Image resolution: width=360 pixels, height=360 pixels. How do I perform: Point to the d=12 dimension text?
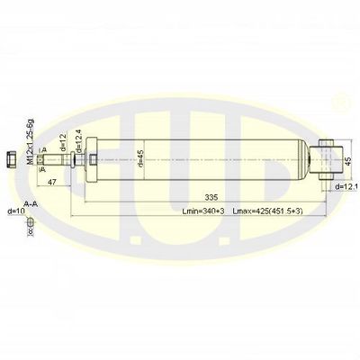tap(63, 143)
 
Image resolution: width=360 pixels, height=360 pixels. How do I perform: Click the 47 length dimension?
tap(52, 183)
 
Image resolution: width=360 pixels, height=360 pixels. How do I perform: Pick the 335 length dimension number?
tap(211, 195)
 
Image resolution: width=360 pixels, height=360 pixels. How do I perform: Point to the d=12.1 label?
tap(346, 186)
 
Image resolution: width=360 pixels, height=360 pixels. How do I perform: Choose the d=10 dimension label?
tap(14, 211)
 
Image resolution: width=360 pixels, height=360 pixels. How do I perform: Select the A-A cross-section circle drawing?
tap(29, 220)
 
